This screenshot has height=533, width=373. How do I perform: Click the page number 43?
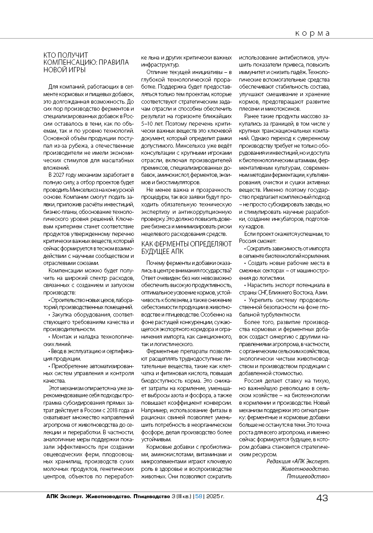[x=321, y=498]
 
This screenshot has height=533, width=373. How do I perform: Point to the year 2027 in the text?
[x=61, y=175]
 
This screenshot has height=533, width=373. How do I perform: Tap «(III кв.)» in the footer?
[x=183, y=496]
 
